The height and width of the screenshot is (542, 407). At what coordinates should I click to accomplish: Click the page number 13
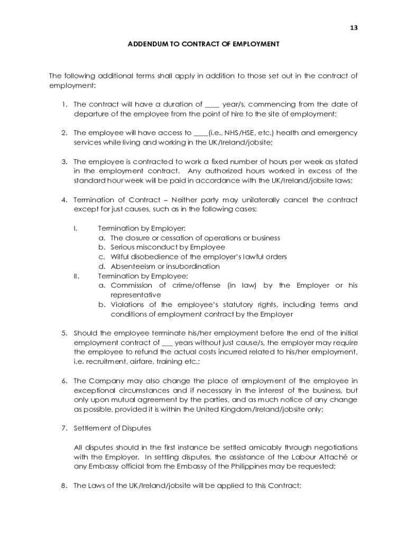coord(354,28)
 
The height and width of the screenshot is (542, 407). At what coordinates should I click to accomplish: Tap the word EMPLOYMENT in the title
coord(257,44)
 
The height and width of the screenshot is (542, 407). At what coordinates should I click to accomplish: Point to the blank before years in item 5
coord(167,343)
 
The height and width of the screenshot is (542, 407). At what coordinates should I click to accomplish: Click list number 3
coord(64,161)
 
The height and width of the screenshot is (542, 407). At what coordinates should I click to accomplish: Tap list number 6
coord(64,381)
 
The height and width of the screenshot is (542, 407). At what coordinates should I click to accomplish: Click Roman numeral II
coord(75,276)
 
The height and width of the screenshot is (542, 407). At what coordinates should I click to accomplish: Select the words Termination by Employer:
coord(142,228)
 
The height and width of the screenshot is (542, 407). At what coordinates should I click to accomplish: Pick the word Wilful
coord(120,257)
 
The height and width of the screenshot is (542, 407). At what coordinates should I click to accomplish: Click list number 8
coord(64,485)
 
